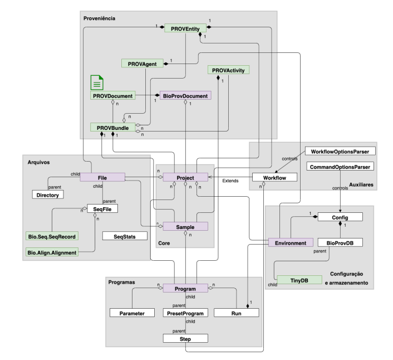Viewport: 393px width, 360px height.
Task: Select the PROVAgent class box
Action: point(143,64)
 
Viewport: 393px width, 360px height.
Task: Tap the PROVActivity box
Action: point(228,70)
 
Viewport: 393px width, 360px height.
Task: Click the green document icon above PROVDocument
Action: point(98,83)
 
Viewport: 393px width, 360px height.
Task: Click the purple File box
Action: point(103,177)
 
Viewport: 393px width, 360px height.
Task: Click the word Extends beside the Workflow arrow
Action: point(230,181)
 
